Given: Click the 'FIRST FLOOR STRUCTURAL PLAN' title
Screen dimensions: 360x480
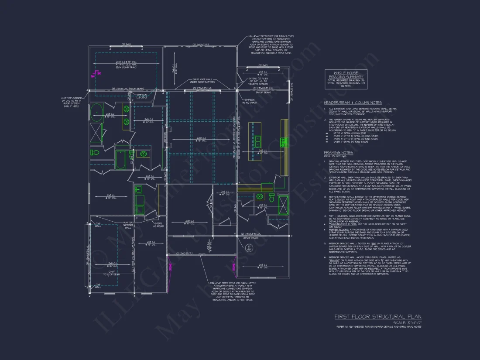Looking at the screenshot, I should coord(378,316).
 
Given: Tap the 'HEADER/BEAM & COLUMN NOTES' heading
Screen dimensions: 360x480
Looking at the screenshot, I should coord(353,103).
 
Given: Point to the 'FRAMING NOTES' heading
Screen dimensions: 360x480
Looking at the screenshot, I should coord(338,153).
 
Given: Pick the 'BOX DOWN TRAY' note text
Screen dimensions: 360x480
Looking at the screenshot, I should coord(126,68).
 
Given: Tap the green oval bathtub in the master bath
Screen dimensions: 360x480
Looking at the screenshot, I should coord(96,112).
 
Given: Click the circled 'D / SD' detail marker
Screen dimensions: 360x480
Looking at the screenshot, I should coord(262,249).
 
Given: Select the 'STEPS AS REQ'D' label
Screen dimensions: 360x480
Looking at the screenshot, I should coord(158,225).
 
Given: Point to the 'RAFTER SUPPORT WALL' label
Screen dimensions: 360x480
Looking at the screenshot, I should coord(128,224).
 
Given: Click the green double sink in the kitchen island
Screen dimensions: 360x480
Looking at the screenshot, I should coord(257,141).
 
